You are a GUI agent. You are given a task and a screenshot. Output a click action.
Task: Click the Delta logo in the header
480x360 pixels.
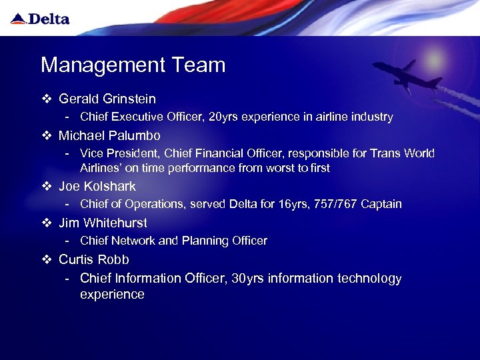[40, 19]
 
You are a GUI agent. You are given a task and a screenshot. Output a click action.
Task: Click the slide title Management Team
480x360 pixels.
[133, 65]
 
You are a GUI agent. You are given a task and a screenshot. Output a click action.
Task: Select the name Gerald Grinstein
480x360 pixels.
[107, 99]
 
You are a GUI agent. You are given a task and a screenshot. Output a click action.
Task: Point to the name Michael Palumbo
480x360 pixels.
[109, 136]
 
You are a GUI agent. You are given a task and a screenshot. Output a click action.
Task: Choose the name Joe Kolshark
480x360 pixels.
[97, 187]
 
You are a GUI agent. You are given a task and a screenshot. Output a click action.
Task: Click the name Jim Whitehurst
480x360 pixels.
[103, 223]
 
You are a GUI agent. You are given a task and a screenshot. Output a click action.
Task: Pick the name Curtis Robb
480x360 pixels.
[94, 259]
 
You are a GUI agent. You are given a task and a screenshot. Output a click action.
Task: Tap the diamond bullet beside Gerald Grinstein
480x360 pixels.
[46, 99]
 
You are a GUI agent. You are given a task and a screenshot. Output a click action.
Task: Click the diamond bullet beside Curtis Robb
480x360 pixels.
[46, 259]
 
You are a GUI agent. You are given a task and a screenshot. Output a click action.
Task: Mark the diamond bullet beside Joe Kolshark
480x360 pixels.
[46, 187]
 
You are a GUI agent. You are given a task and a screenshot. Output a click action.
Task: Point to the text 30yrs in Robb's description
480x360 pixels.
[247, 279]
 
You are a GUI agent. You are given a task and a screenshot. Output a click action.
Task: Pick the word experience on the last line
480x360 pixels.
[112, 295]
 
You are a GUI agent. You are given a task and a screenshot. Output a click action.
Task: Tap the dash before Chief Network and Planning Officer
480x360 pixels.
[68, 241]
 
